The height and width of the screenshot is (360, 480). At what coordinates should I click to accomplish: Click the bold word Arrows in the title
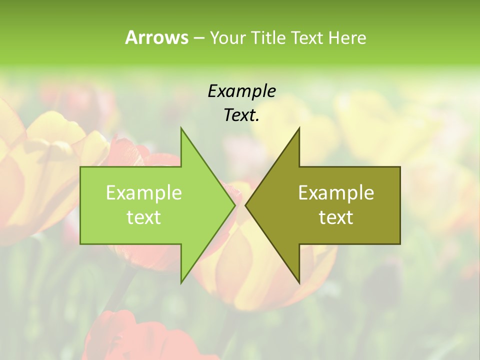156,37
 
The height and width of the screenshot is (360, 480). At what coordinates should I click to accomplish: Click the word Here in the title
347,37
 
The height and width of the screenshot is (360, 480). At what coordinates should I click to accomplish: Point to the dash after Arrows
198,38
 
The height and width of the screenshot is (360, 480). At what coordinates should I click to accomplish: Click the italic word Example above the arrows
241,91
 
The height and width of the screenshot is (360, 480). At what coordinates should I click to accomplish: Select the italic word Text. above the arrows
241,115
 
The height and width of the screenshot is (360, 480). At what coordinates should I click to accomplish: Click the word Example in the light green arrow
144,193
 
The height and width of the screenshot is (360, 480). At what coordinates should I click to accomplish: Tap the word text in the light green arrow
144,217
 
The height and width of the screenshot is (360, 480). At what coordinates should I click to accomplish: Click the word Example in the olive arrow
336,193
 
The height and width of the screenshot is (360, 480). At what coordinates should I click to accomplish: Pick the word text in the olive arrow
336,217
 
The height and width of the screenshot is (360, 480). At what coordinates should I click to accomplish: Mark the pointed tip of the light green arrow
234,205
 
